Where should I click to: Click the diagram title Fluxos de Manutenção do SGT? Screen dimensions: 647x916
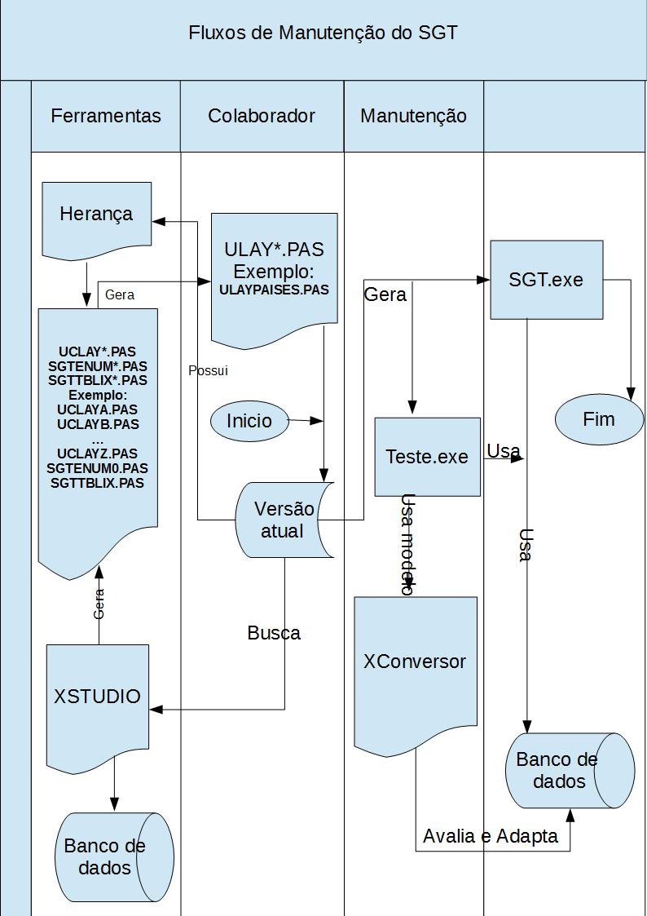(x=323, y=33)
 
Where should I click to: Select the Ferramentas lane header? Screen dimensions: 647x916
(x=106, y=116)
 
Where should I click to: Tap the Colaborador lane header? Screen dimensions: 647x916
(x=262, y=116)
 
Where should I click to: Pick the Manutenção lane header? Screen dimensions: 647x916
(x=413, y=116)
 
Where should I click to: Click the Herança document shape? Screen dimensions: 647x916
(x=96, y=220)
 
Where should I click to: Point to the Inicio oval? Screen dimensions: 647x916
(x=249, y=421)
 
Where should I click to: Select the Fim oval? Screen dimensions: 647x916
(x=599, y=419)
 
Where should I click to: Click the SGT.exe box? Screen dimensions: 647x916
(x=546, y=280)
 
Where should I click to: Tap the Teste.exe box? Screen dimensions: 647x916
(x=427, y=456)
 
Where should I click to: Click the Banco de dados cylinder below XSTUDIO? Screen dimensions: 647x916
(x=114, y=856)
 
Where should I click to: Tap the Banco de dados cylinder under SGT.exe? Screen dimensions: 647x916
(x=570, y=770)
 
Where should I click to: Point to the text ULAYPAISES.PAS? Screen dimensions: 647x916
(x=275, y=290)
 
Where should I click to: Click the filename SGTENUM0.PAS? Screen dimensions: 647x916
(x=98, y=468)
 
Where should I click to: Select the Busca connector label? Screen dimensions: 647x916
(x=274, y=633)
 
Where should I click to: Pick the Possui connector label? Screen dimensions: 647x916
(x=209, y=370)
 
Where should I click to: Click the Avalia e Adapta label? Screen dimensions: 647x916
(x=491, y=837)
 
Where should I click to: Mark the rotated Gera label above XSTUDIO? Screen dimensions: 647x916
(x=99, y=604)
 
